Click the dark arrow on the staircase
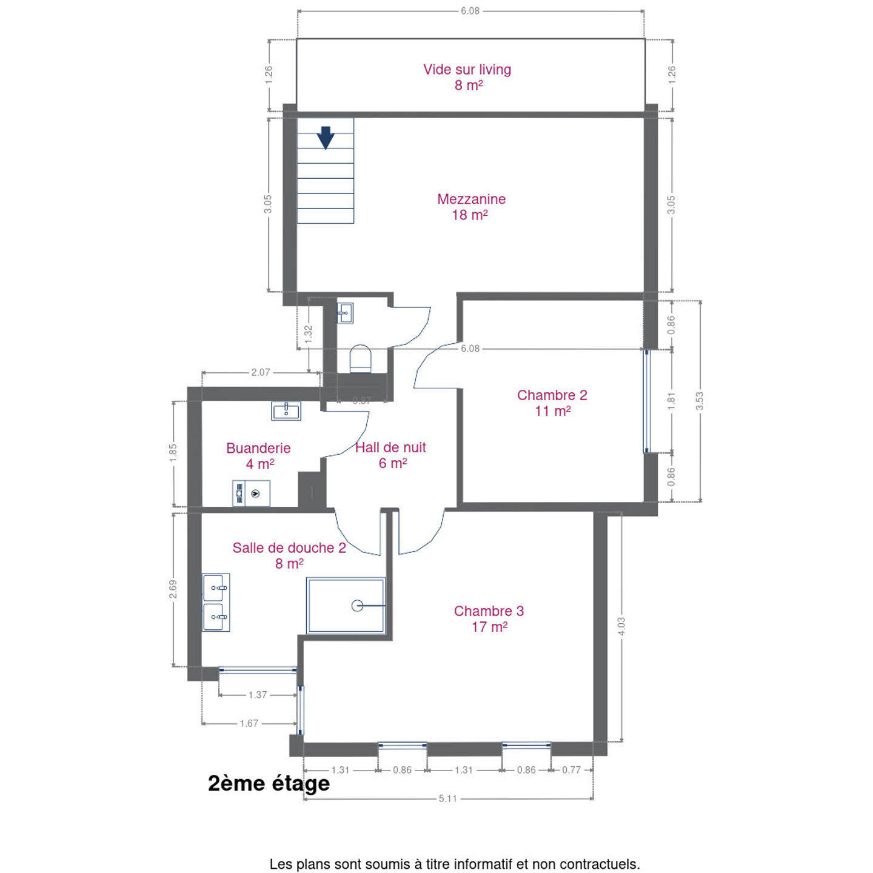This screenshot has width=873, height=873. click(x=326, y=138)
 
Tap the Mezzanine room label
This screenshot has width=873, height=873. click(x=471, y=199)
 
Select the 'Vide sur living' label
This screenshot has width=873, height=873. click(x=467, y=70)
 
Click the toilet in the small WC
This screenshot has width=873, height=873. click(x=361, y=358)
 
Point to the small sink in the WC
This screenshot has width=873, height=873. click(x=345, y=313)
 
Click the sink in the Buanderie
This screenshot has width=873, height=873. click(x=286, y=410)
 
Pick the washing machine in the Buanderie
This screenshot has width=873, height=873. click(x=251, y=493)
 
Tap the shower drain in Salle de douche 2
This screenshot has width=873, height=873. click(x=357, y=605)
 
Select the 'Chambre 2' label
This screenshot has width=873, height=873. click(x=552, y=395)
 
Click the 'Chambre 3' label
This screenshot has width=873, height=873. click(x=489, y=610)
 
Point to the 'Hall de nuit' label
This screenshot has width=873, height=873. click(x=390, y=447)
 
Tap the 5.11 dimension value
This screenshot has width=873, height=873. click(x=447, y=811)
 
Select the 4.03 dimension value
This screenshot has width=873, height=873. click(x=621, y=626)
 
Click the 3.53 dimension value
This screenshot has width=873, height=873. click(x=700, y=401)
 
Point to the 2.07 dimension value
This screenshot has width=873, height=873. click(x=261, y=372)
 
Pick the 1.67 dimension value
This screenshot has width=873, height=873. click(x=249, y=723)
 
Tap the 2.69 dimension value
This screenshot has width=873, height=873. click(x=173, y=589)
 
